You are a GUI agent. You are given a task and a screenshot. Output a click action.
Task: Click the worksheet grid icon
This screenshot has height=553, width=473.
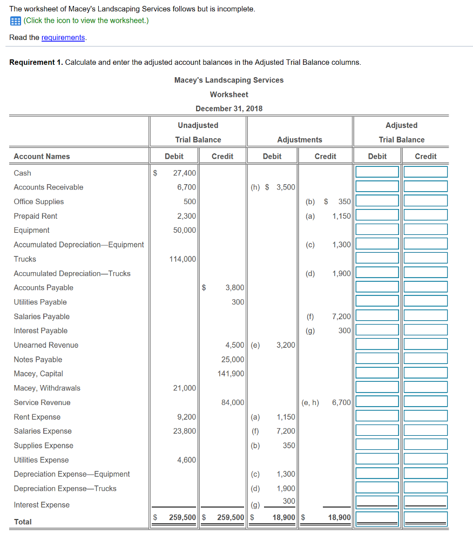15,21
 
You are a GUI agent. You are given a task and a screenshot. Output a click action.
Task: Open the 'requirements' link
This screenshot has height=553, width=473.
63,37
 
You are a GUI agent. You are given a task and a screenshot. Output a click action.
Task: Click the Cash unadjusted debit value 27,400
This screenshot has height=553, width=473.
184,173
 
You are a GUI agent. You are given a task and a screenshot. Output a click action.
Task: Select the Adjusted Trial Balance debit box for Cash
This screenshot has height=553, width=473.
377,172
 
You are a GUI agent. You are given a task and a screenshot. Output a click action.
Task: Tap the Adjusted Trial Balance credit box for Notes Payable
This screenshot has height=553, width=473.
425,359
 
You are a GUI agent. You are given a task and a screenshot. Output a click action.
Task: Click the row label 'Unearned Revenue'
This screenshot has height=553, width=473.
46,345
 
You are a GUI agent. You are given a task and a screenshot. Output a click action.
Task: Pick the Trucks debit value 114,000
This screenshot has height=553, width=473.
183,259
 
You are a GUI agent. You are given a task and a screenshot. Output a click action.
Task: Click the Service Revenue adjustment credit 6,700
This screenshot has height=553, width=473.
341,402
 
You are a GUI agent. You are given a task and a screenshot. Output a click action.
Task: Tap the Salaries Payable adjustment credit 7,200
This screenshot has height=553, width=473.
341,316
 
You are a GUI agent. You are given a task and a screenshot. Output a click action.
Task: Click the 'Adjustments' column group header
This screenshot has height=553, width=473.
299,140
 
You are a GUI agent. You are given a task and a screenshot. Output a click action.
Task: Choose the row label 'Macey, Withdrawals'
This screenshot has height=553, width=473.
47,388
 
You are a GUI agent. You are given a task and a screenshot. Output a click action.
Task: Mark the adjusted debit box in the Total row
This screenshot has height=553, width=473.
377,518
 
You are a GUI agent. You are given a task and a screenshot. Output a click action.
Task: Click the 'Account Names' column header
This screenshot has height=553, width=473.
42,157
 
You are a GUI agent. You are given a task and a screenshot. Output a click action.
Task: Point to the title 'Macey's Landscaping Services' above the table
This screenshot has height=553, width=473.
228,80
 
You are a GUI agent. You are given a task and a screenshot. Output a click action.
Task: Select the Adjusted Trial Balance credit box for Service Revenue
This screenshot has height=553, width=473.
425,402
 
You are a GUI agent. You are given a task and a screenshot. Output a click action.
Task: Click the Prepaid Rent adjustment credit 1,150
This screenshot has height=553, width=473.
341,216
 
